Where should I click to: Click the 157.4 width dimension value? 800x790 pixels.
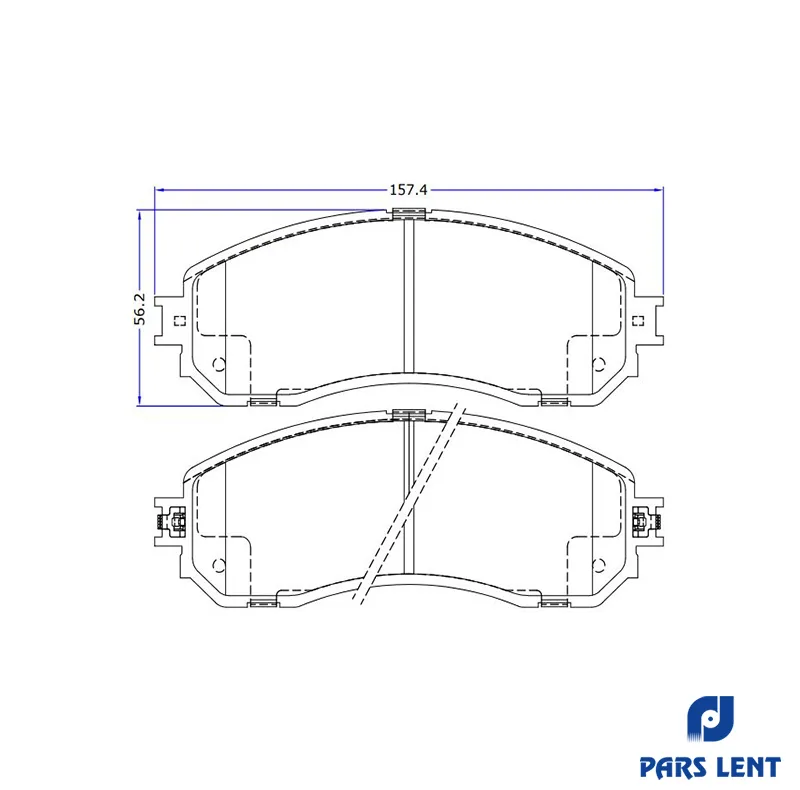pyautogui.click(x=408, y=190)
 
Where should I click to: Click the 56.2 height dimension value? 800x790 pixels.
pyautogui.click(x=140, y=309)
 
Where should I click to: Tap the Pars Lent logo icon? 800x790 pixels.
pyautogui.click(x=710, y=721)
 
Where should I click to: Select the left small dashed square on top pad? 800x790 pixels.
pyautogui.click(x=180, y=320)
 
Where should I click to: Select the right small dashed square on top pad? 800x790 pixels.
pyautogui.click(x=638, y=320)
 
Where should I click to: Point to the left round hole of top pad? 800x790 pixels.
pyautogui.click(x=219, y=364)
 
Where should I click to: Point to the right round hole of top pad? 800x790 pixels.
pyautogui.click(x=598, y=364)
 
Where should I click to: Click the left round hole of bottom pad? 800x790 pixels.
pyautogui.click(x=219, y=565)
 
